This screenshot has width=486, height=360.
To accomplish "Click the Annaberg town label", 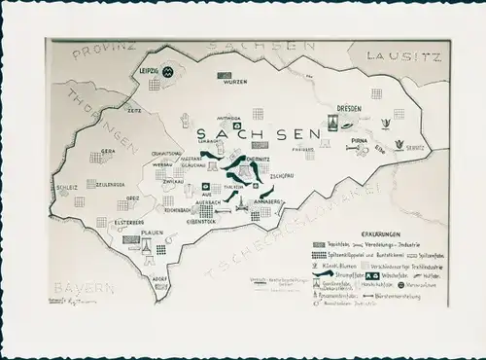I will (x=268, y=201).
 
